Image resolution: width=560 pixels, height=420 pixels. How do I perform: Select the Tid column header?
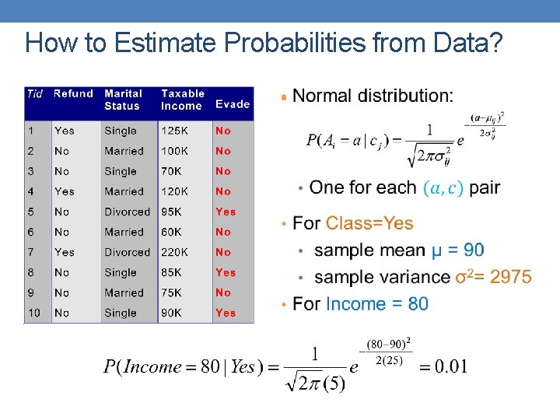point(35,94)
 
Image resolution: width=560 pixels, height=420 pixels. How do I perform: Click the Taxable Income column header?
point(183,100)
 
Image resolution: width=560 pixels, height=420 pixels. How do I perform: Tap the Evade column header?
point(233,104)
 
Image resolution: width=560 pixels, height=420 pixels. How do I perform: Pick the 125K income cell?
point(175,131)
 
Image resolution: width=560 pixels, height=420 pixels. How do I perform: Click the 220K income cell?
point(175,252)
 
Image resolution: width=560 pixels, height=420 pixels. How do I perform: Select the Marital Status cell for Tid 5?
point(127,212)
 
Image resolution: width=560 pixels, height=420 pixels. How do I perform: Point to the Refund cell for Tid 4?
point(65,191)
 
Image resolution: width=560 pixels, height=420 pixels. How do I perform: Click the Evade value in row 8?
point(226,272)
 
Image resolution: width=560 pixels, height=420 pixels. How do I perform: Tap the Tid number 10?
point(34,313)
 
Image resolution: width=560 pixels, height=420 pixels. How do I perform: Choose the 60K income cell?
point(172,232)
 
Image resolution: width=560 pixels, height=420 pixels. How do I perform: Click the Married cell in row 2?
point(124,151)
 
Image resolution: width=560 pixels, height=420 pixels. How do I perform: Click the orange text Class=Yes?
point(369,224)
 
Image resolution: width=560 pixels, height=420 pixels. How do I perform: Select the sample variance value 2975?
point(511,277)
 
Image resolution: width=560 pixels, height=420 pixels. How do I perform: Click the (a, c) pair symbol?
point(443,188)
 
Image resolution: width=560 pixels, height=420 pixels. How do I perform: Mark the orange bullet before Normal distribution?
point(285,97)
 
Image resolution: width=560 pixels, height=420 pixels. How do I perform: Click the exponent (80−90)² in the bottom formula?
point(390,344)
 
